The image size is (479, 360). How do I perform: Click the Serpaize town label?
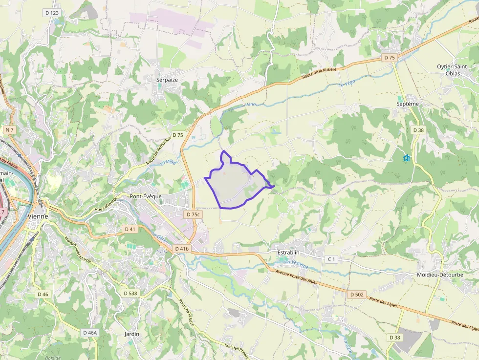click(x=167, y=79)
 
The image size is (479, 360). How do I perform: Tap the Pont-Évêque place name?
click(x=146, y=196)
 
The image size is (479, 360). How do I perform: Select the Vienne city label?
click(x=38, y=216)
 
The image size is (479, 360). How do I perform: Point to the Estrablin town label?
click(x=288, y=253)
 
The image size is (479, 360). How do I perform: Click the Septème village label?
click(x=408, y=104)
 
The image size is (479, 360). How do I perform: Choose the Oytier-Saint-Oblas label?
click(x=453, y=70)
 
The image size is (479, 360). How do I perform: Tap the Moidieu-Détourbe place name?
click(x=440, y=275)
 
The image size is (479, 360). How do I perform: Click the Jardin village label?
click(x=132, y=334)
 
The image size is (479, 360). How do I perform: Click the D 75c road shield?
click(x=194, y=214)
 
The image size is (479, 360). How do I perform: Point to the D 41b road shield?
click(x=182, y=249)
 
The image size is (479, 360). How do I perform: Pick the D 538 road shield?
click(x=130, y=293)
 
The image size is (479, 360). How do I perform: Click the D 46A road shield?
click(x=90, y=332)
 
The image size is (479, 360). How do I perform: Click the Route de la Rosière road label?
click(x=320, y=73)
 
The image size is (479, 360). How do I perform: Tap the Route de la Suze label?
click(x=188, y=312)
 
